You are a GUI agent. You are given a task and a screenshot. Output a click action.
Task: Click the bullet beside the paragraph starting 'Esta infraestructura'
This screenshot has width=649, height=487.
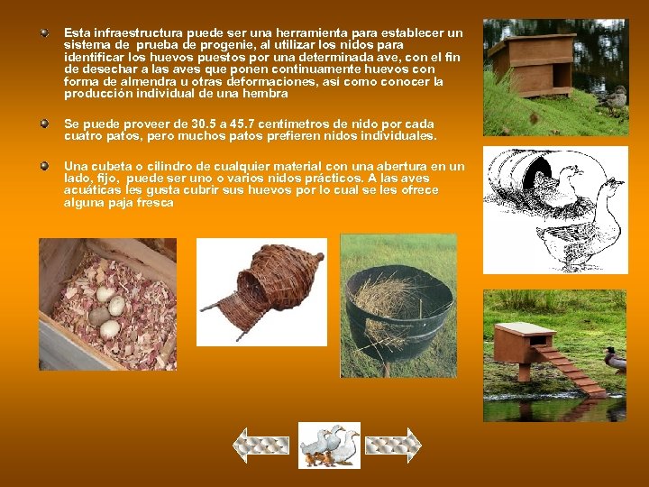pos(43,32)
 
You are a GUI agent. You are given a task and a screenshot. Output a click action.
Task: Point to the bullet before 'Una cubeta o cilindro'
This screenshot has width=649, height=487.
pos(43,166)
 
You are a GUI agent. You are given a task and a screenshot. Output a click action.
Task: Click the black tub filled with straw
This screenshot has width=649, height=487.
pos(398,308)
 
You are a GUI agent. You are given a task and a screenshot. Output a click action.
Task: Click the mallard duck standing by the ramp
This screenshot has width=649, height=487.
pos(616,360)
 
